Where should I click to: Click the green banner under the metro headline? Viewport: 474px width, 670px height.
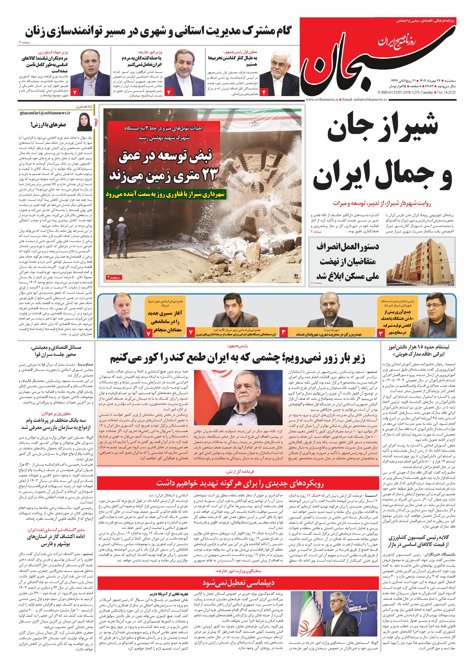(x=166, y=194)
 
